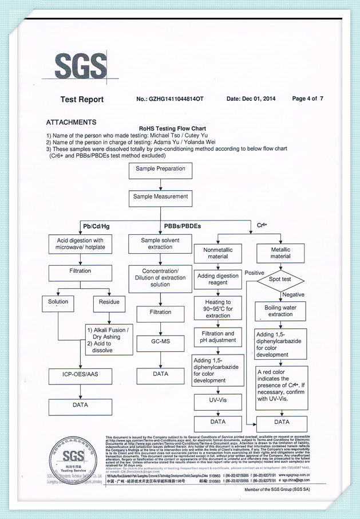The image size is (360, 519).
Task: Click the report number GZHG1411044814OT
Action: coord(170,99)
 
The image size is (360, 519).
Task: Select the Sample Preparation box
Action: coord(160,169)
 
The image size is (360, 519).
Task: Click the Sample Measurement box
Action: coord(160,196)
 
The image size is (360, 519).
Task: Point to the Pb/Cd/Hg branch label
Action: coord(96,226)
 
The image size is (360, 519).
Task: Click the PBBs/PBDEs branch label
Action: coord(182,226)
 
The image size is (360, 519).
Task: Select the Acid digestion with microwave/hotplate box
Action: coord(81,244)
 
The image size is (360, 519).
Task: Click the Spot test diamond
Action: coord(280,280)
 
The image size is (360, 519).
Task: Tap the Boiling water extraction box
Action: coord(280,311)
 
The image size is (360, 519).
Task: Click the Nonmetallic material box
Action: coord(217,253)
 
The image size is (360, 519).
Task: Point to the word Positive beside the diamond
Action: coord(255,273)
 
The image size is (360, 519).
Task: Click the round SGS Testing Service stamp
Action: coord(73,458)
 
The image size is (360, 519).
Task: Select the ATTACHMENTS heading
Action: coord(71,122)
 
